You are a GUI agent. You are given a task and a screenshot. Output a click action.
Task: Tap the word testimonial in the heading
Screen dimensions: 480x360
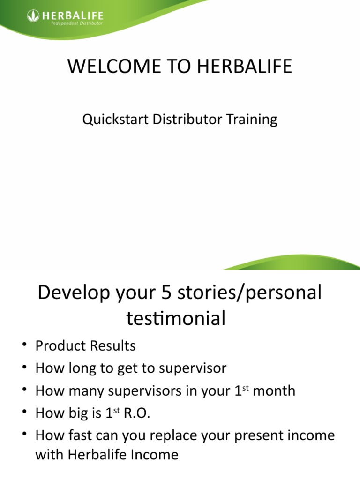coord(176,319)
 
